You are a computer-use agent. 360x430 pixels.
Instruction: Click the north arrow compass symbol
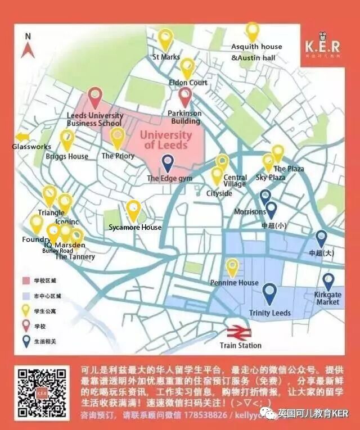click(27, 47)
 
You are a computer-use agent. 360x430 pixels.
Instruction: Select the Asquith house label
click(256, 47)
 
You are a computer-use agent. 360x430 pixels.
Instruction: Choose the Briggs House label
click(67, 156)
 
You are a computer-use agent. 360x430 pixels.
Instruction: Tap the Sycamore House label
click(135, 227)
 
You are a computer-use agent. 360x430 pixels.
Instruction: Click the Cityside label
click(219, 193)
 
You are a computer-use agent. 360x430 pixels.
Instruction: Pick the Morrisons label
click(249, 212)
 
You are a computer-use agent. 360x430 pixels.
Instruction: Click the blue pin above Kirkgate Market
click(328, 282)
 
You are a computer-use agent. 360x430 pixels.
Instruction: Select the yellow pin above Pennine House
click(232, 268)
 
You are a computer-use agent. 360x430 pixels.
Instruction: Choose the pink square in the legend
click(25, 280)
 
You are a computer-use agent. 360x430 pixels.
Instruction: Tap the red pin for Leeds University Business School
click(94, 98)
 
